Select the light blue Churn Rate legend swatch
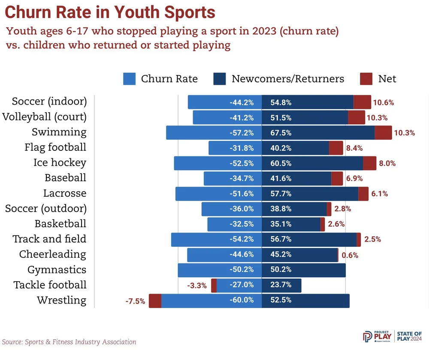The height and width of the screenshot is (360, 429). [129, 79]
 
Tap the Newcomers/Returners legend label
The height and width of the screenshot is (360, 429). [287, 79]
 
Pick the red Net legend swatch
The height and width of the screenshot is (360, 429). [366, 79]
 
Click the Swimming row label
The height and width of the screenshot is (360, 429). [59, 132]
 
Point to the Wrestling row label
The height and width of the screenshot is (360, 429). [61, 300]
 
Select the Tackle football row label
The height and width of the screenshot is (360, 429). [50, 285]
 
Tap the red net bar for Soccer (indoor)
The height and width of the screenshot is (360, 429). [362, 102]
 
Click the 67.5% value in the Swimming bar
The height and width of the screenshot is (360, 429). [281, 133]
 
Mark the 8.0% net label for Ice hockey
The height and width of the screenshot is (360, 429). [387, 163]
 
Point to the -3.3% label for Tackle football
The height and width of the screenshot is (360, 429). [197, 285]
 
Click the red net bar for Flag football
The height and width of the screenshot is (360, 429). [336, 148]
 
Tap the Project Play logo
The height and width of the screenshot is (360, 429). [378, 336]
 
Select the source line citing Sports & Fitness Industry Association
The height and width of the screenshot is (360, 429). [69, 342]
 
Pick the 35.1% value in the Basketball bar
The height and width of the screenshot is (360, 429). [281, 224]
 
